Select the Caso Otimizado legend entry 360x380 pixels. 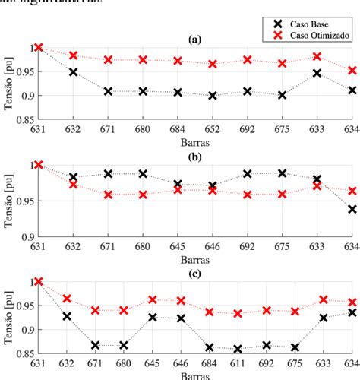[x=311, y=35]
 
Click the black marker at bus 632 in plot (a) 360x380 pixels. [x=74, y=72]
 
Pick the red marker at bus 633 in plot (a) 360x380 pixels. [x=317, y=56]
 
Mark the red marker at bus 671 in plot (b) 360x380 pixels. [x=109, y=195]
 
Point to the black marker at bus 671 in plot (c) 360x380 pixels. [x=96, y=345]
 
